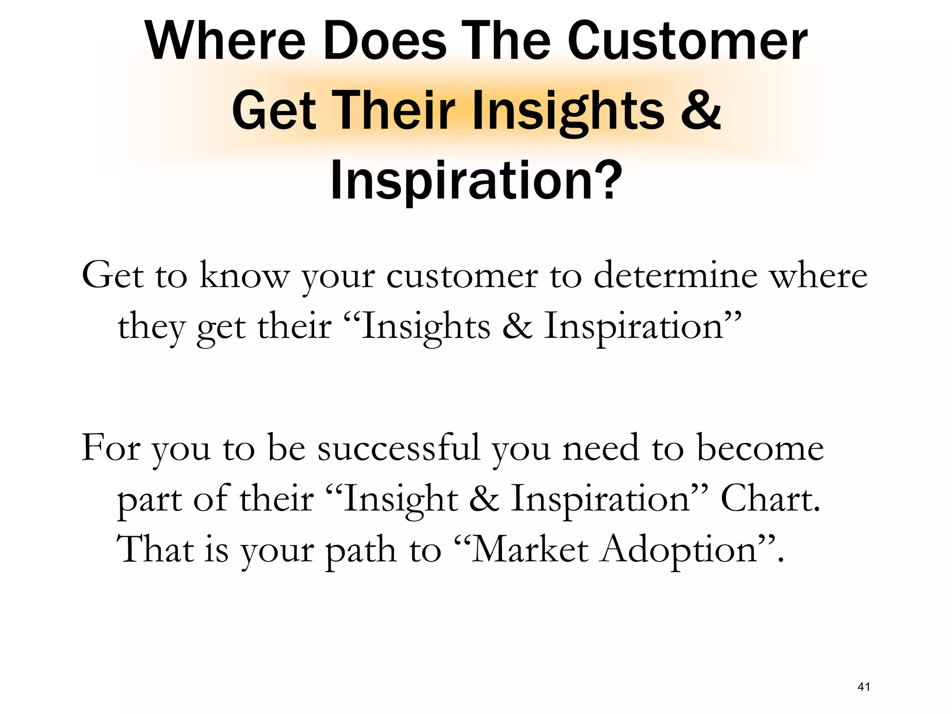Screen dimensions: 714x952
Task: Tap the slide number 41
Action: (863, 687)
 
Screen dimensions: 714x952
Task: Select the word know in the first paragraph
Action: (244, 276)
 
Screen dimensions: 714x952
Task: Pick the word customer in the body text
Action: (462, 276)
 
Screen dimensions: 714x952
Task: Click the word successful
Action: (398, 448)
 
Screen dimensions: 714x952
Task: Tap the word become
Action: (760, 448)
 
